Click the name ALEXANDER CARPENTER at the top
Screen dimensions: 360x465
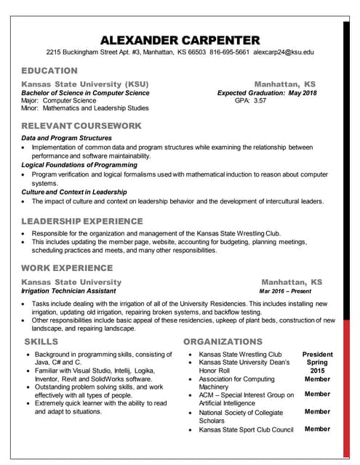point(180,39)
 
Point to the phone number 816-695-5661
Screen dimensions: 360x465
point(230,53)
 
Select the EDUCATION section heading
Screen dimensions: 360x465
point(49,71)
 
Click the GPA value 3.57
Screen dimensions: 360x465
point(260,101)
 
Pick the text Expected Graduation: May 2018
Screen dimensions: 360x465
point(267,93)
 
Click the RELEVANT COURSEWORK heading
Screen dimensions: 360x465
point(81,126)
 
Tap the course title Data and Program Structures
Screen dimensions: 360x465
point(66,138)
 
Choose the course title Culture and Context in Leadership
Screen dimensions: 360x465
point(74,192)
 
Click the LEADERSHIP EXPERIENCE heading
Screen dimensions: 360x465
point(82,221)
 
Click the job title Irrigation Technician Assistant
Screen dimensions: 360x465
point(68,290)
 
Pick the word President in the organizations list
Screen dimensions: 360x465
point(317,354)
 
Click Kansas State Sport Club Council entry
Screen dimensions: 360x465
point(246,429)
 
